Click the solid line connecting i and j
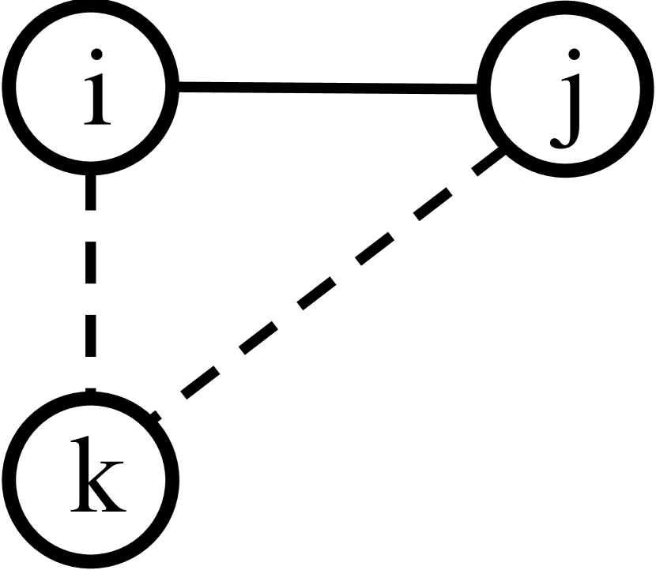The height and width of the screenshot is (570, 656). (x=328, y=88)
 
